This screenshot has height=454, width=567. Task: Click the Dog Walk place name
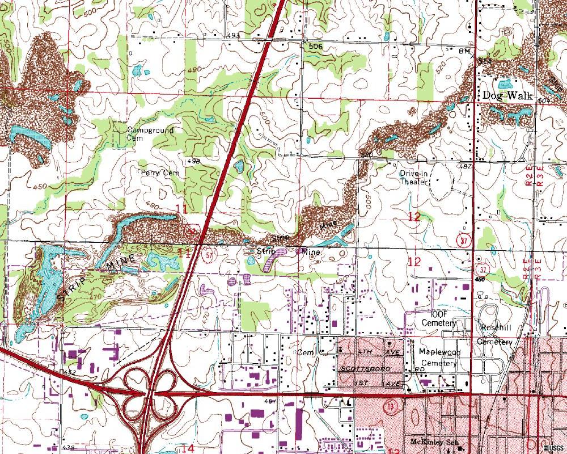click(507, 95)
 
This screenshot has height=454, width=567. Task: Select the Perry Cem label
click(160, 173)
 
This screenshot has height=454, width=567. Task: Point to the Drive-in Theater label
click(413, 178)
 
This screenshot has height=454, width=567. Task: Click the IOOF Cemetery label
click(439, 319)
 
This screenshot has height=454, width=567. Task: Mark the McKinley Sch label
click(434, 442)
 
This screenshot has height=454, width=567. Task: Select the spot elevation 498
click(193, 161)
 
